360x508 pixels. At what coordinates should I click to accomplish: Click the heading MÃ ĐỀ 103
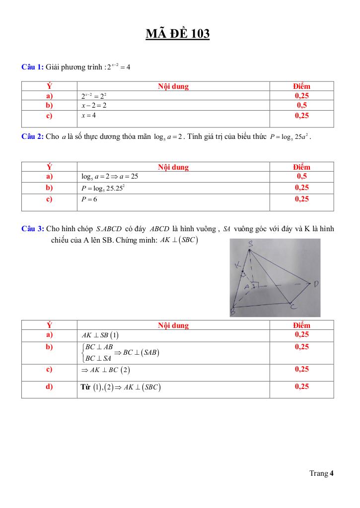click(x=178, y=34)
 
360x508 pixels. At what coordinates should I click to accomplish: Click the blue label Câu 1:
click(x=33, y=67)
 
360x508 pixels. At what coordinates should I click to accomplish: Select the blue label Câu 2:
click(x=33, y=136)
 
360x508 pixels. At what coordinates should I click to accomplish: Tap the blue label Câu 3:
click(x=33, y=229)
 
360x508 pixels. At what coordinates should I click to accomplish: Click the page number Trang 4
click(x=321, y=473)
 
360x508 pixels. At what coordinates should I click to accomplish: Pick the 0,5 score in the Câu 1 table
click(x=301, y=105)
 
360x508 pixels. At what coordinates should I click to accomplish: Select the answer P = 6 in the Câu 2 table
click(x=90, y=199)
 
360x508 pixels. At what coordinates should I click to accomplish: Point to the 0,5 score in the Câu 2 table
click(x=301, y=176)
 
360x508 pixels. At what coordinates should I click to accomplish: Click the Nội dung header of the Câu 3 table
click(x=173, y=325)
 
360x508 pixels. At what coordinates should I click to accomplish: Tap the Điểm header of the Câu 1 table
click(x=301, y=86)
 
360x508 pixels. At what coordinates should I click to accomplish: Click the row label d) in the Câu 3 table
click(x=49, y=387)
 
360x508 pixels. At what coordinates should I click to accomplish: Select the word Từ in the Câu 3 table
click(x=85, y=387)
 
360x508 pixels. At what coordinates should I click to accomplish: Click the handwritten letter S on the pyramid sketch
click(x=251, y=244)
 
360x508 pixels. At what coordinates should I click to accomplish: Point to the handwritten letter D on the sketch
click(x=316, y=284)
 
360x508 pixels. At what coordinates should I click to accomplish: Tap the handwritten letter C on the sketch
click(x=293, y=307)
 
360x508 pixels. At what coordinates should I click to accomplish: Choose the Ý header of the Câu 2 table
click(x=49, y=167)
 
